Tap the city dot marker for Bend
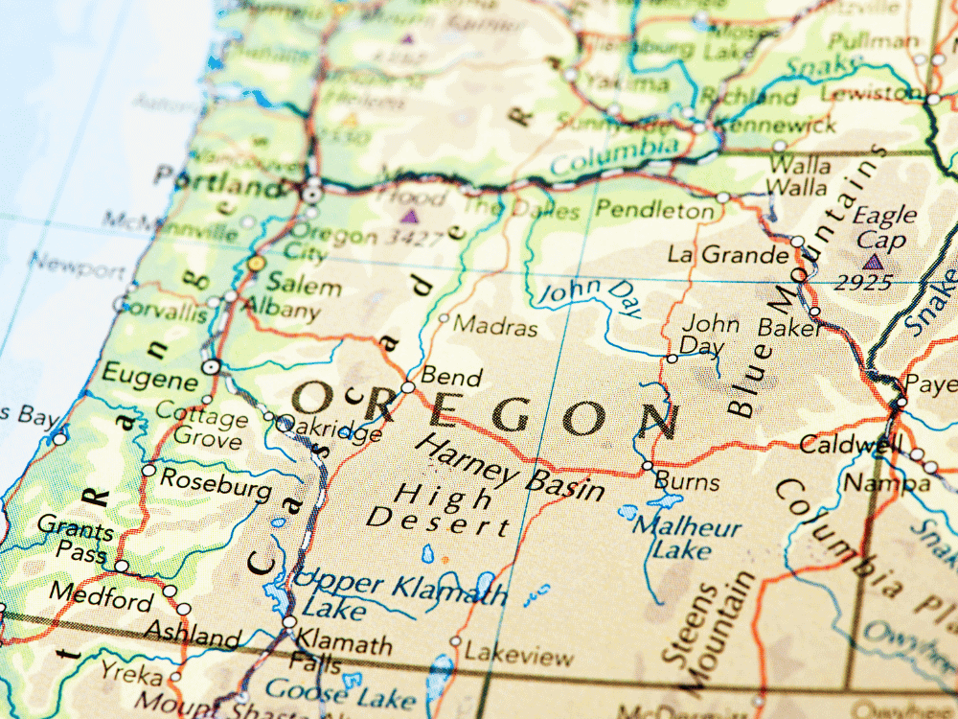click(408, 387)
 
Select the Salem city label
click(304, 286)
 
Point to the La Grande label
click(728, 255)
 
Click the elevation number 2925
click(862, 283)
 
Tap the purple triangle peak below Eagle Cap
click(871, 261)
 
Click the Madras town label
click(495, 327)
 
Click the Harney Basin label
click(513, 469)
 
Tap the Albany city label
click(281, 311)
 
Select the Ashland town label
click(193, 635)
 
